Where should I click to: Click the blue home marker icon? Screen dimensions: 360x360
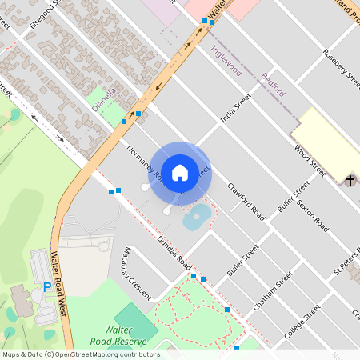[x=180, y=172]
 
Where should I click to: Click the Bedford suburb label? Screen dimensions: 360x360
[x=273, y=84]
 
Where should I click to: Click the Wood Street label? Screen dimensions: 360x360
[x=310, y=160]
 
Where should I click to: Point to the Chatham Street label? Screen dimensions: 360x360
[x=274, y=295]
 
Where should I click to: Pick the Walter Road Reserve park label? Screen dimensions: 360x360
[x=126, y=335]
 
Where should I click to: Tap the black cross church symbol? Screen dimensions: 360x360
[x=350, y=181]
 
